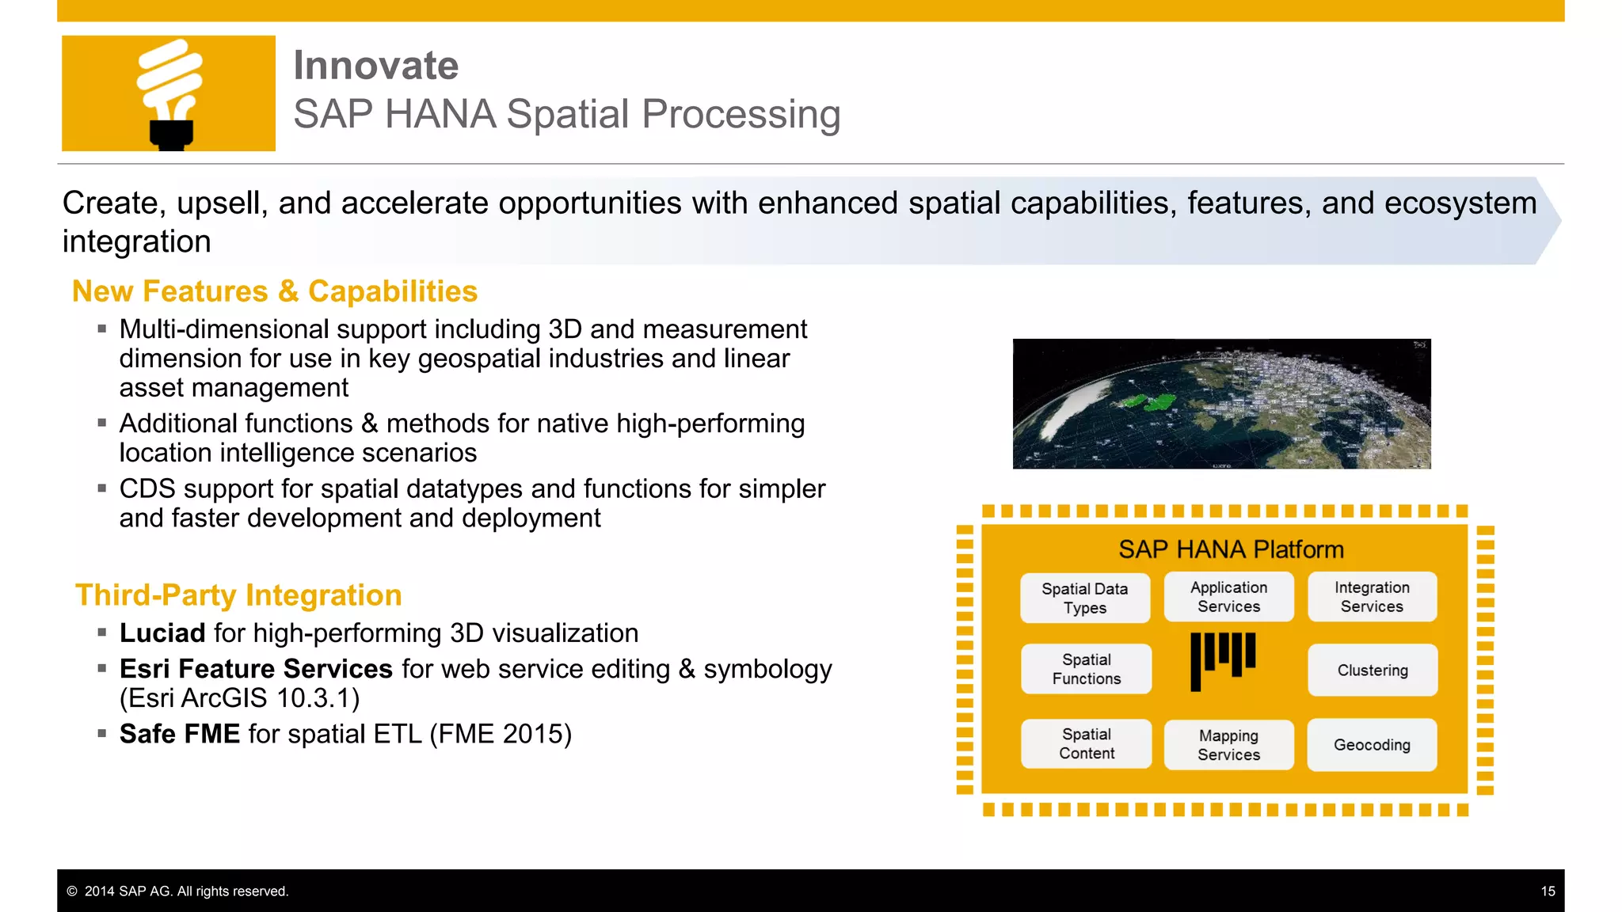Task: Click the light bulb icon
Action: [x=169, y=93]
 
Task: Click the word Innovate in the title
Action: [x=375, y=65]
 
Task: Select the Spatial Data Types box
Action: [x=1084, y=598]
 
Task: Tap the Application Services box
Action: [x=1228, y=597]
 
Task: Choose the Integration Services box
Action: [x=1372, y=597]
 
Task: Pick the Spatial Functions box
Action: [x=1086, y=669]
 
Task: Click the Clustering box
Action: [x=1372, y=670]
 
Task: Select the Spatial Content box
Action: [x=1086, y=743]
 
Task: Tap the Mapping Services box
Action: [x=1228, y=745]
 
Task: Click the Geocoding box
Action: [x=1371, y=744]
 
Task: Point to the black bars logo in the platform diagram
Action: [x=1222, y=659]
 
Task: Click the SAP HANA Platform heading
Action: [x=1230, y=549]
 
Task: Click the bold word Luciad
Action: [x=162, y=633]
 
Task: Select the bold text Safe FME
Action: [x=179, y=734]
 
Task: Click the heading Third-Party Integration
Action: [x=238, y=595]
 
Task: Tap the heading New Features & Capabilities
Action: [x=274, y=291]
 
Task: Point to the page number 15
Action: [x=1548, y=891]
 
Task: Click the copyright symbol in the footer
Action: [x=72, y=891]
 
